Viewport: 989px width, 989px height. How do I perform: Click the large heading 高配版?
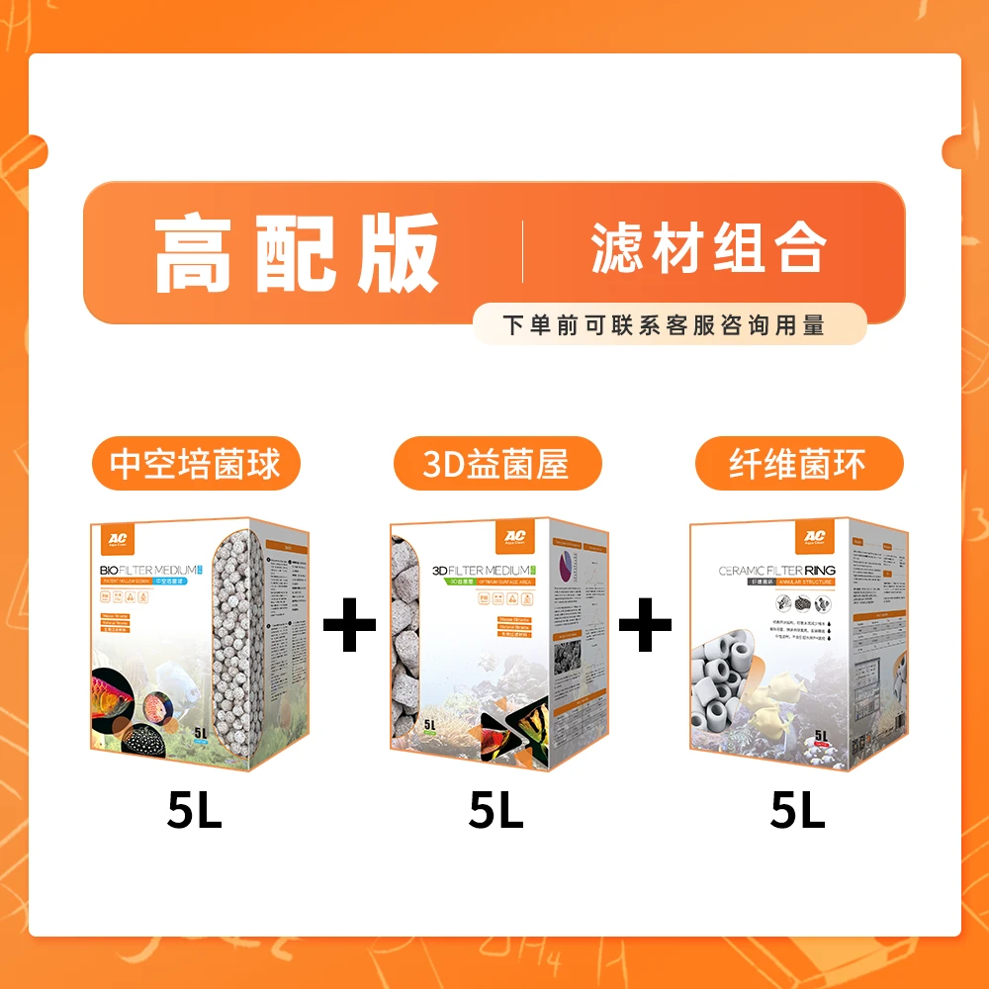[297, 253]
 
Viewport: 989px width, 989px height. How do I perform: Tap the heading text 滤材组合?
[707, 248]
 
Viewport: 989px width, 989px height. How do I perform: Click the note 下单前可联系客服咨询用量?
[664, 324]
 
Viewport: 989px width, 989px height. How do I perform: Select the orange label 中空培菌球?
[195, 464]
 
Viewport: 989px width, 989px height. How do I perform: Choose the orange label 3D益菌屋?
[496, 464]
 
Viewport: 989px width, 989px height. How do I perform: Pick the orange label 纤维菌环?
[799, 464]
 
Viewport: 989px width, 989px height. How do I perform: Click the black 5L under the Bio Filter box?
[195, 812]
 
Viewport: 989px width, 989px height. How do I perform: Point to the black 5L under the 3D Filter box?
[496, 812]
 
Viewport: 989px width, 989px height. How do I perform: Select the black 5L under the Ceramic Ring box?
[798, 812]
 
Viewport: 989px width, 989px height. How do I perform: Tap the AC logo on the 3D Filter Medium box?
[516, 537]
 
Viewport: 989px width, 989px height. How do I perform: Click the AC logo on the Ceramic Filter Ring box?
[811, 537]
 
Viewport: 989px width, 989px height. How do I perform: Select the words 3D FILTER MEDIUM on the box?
[480, 572]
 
